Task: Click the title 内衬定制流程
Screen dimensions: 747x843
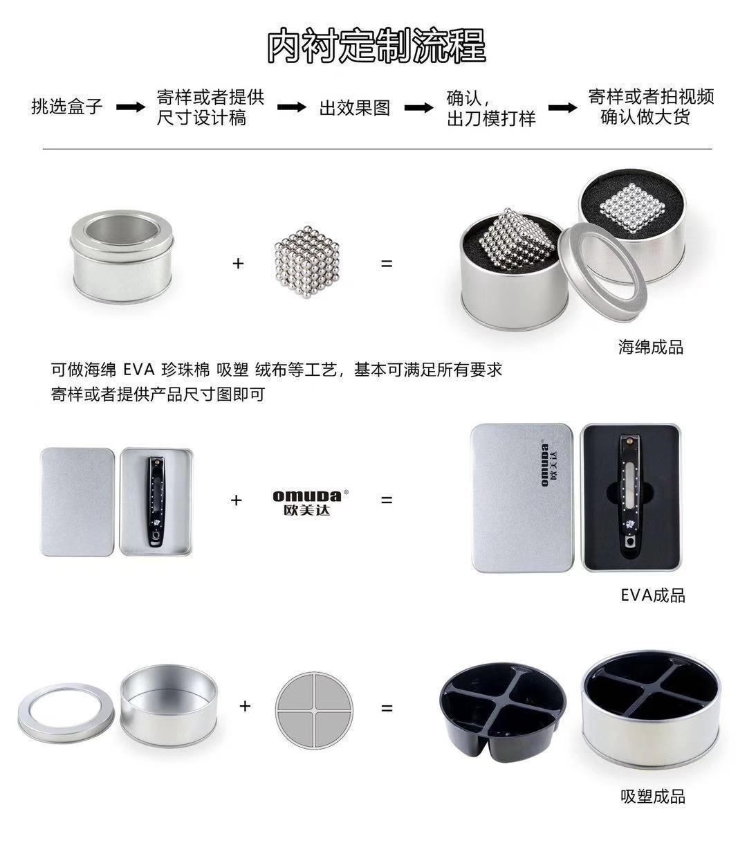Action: (376, 45)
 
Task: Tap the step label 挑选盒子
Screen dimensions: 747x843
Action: (66, 107)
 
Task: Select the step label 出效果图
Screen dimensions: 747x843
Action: (355, 108)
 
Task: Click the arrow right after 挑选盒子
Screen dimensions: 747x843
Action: (131, 107)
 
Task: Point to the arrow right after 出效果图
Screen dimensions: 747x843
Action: (419, 108)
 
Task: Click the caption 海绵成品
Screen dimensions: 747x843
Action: (650, 347)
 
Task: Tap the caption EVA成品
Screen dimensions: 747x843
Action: (653, 595)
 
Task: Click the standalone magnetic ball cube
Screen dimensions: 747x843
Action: (307, 262)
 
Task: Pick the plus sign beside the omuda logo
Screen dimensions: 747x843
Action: (237, 500)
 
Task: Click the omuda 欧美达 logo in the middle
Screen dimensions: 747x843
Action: (311, 502)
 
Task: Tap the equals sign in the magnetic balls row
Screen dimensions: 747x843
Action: (387, 264)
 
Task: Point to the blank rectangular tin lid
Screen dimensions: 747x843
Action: (77, 502)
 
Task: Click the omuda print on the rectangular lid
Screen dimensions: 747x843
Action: (549, 465)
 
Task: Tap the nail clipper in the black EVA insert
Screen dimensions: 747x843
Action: (629, 495)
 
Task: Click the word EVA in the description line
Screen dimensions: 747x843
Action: (139, 370)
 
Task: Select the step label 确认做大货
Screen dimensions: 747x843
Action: (645, 117)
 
